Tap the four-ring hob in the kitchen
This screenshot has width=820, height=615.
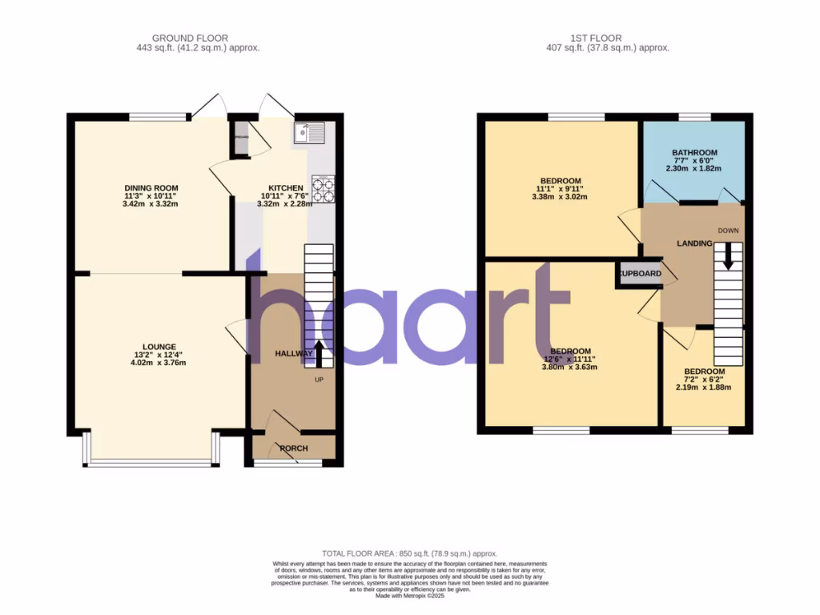(x=322, y=190)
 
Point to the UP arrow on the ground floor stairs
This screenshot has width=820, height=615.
(x=319, y=352)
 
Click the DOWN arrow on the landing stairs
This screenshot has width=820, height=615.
(x=728, y=257)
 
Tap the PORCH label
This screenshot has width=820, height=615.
(x=295, y=448)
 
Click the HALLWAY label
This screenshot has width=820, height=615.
(x=294, y=353)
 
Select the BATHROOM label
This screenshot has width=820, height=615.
(x=694, y=152)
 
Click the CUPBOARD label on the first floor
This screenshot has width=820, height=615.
(x=640, y=274)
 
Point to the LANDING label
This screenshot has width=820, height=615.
(x=694, y=243)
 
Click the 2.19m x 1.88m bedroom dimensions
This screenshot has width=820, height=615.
(x=704, y=388)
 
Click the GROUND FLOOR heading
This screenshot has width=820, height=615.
(x=191, y=38)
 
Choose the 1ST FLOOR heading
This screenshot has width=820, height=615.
(x=596, y=38)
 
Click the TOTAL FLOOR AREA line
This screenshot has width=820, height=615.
(x=409, y=553)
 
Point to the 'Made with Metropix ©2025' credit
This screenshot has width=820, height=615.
(x=410, y=596)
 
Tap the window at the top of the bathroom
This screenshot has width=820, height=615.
(x=694, y=117)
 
